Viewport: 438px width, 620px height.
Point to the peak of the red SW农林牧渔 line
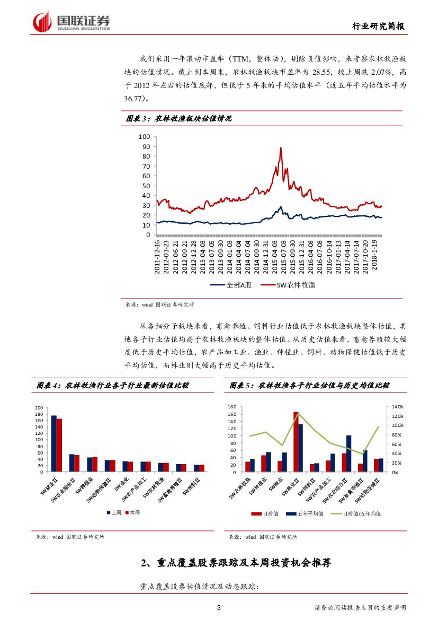coord(280,148)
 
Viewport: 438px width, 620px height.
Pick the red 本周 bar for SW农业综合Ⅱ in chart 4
coord(77,463)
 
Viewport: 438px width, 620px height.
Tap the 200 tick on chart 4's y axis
coord(39,408)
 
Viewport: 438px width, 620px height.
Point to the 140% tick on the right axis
coord(398,407)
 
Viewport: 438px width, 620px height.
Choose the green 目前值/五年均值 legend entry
coord(361,513)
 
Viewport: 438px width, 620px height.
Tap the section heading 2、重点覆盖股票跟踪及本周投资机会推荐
coord(236,563)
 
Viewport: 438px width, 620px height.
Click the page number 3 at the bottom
coord(219,608)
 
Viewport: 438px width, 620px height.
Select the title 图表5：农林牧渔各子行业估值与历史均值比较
coord(309,386)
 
